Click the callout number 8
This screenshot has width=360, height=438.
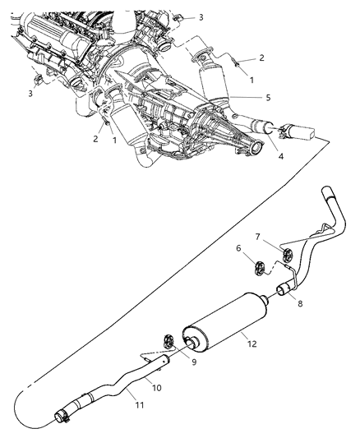tap(298, 304)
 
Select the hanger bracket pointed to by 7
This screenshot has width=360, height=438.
tap(284, 254)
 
